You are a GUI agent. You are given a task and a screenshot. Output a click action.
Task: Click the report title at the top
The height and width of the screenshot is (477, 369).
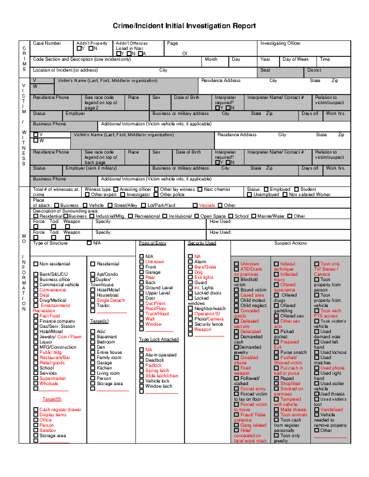click(184, 26)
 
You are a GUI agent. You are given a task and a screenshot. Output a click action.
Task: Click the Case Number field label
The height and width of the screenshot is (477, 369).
click(47, 43)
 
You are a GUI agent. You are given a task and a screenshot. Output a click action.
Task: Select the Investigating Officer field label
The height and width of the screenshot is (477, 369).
click(280, 43)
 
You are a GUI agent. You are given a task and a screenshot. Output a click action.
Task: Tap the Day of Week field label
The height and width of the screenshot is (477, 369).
click(295, 59)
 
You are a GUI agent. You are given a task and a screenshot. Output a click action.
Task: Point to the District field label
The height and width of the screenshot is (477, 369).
click(314, 70)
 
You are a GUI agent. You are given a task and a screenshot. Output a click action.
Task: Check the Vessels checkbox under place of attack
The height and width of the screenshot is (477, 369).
click(195, 205)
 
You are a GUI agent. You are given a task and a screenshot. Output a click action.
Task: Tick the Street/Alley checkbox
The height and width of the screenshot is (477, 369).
click(110, 205)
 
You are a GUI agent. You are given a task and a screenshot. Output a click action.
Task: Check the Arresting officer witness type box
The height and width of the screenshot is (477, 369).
click(116, 190)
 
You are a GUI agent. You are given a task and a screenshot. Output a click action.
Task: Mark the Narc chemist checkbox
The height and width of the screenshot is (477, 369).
click(200, 190)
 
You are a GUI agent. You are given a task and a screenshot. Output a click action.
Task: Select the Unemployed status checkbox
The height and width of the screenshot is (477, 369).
click(249, 194)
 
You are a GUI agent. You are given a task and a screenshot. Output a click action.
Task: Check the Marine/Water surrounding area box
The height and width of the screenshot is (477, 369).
click(253, 216)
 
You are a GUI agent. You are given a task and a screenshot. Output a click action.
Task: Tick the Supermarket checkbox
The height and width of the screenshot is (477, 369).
click(36, 378)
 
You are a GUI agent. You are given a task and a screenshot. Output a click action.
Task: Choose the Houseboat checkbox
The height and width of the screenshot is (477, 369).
click(93, 295)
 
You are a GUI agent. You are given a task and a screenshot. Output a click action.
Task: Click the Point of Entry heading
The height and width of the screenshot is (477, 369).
click(153, 243)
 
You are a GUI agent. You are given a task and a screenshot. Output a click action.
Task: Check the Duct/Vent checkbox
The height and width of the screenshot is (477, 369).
click(141, 303)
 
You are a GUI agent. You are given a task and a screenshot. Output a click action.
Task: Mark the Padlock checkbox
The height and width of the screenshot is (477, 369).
click(141, 365)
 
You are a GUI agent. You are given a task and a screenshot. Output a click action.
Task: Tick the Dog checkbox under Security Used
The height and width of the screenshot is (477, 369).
click(190, 272)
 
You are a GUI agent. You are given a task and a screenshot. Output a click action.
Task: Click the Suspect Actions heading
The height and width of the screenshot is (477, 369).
click(290, 243)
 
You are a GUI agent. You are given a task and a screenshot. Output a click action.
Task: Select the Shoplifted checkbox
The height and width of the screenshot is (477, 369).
click(276, 384)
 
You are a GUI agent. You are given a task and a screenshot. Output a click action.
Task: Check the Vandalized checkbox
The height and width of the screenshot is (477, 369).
click(316, 409)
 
